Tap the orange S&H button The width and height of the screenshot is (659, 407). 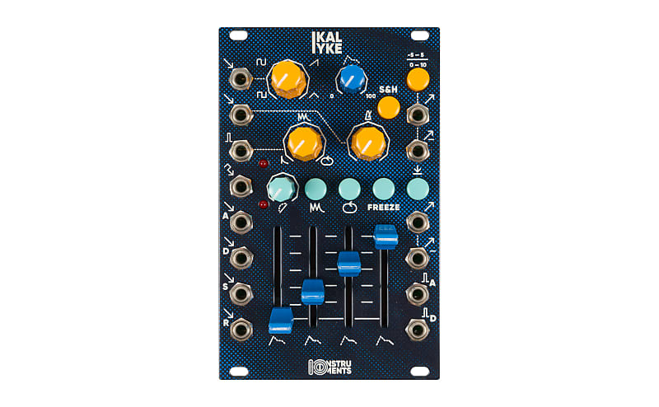pyautogui.click(x=389, y=107)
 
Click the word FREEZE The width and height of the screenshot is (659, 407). pyautogui.click(x=384, y=208)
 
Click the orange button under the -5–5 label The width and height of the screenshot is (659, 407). pyautogui.click(x=418, y=78)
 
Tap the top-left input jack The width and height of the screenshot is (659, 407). pyautogui.click(x=241, y=78)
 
